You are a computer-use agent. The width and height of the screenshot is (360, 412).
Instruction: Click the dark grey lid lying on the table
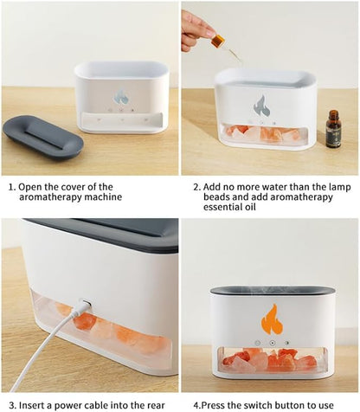click(43, 136)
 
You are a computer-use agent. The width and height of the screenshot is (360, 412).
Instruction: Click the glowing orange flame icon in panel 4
click(272, 320)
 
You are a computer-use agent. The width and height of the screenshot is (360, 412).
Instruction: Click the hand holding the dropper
click(196, 29)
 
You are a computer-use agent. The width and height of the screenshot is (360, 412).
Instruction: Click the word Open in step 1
click(37, 185)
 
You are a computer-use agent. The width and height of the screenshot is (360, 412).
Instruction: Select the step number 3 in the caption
click(10, 404)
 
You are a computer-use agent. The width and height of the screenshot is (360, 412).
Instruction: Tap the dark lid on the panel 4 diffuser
click(272, 291)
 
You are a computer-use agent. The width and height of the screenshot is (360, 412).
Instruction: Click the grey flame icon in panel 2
click(261, 106)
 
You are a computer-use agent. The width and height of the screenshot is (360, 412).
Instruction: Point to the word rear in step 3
click(162, 404)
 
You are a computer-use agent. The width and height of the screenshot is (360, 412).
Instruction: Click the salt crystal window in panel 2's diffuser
click(265, 134)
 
